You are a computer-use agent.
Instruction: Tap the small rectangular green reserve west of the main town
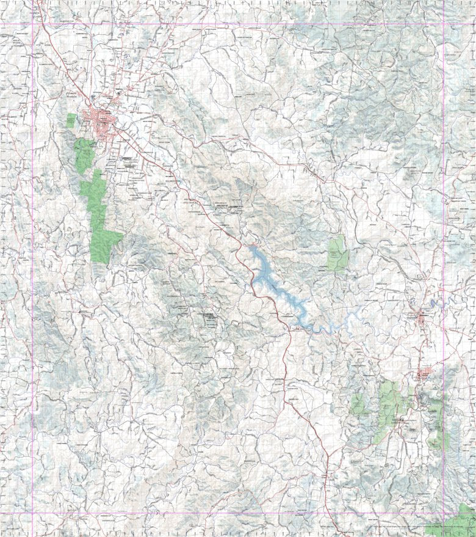coord(71,120)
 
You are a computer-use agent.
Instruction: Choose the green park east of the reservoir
coord(336,254)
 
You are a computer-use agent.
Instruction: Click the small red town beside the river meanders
coord(422,316)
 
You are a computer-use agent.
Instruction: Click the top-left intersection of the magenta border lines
coord(32,24)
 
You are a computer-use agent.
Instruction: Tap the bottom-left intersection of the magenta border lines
coord(32,512)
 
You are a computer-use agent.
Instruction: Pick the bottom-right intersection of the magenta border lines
coord(444,512)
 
